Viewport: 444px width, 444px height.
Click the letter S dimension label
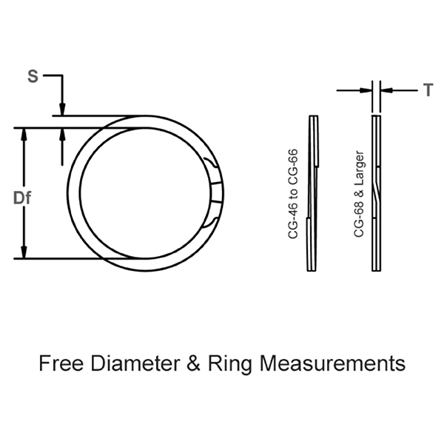32,75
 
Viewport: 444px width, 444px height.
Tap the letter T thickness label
428,90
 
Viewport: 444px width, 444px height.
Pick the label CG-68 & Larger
358,193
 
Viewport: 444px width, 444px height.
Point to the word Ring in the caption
229,364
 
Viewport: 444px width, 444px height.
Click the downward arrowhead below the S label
64,110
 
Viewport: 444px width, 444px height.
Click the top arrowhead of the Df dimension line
26,134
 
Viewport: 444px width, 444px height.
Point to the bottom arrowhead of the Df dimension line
26,253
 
